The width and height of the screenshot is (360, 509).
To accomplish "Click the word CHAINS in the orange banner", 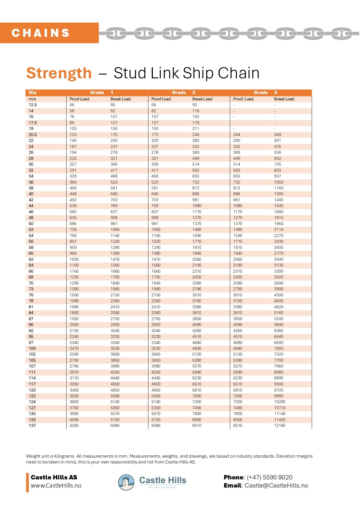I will point(41,33).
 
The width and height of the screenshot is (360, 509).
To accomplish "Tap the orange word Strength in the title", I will point(59,73).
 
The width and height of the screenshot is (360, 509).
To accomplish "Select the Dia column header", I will point(32,93).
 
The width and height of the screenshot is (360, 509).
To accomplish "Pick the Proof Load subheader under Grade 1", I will point(79,99).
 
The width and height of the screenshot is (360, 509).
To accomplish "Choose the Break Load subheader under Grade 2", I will point(202,99).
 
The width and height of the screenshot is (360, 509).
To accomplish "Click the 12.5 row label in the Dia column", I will point(33,105).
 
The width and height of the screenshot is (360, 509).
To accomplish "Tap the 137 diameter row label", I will point(32,425).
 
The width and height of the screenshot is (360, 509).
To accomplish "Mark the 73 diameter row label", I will point(31,289).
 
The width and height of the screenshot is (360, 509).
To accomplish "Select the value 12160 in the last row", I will point(280,425).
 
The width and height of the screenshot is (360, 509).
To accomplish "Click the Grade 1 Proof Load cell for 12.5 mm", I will point(72,105).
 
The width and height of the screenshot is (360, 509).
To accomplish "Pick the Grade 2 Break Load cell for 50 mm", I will point(197,224).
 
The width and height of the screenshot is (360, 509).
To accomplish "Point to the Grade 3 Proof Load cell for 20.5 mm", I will point(237,135).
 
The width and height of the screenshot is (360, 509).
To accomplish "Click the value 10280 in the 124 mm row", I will point(280,402).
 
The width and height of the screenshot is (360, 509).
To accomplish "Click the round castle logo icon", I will point(126,482).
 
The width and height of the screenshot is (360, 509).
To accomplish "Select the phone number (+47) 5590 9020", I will point(269,477).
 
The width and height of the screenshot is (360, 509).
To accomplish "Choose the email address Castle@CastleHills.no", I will point(276,486).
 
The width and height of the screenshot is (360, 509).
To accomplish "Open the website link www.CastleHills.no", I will point(56,486).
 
